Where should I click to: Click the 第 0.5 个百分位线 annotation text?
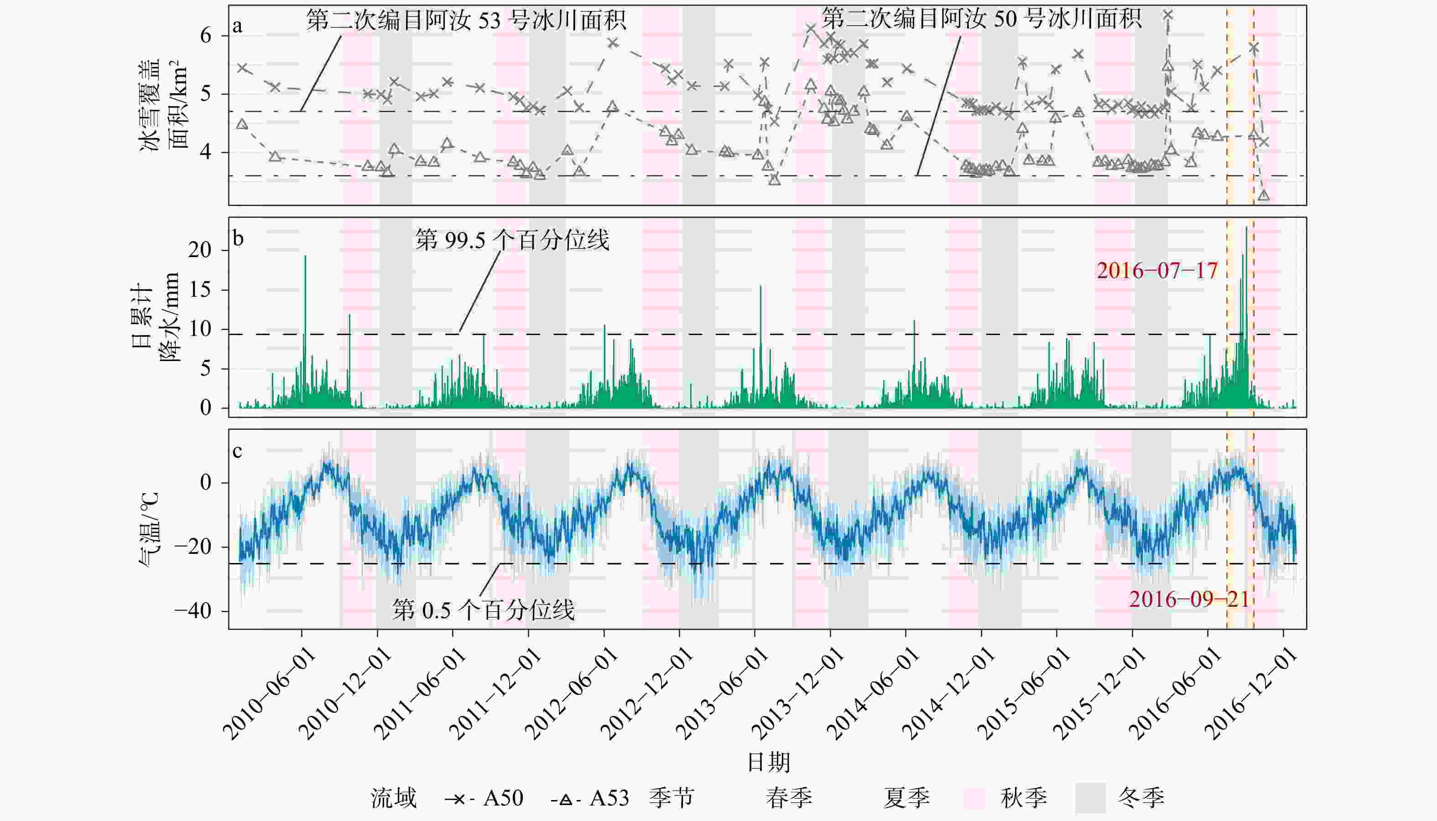tap(483, 610)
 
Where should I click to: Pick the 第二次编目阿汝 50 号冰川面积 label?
tap(982, 19)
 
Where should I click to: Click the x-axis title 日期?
tap(768, 762)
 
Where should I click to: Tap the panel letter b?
tap(238, 238)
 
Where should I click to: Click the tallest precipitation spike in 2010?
tap(305, 257)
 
